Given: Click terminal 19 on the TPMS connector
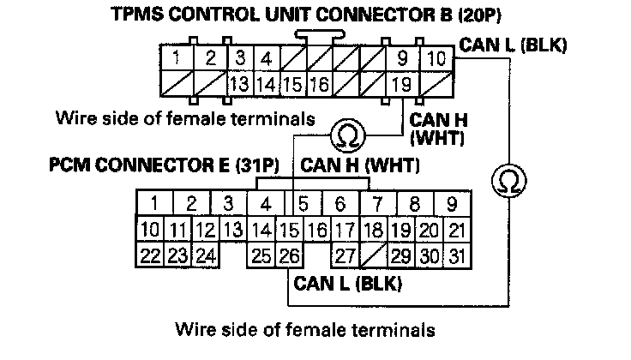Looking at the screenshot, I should pyautogui.click(x=399, y=84).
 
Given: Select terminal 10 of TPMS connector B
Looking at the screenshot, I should pyautogui.click(x=436, y=59).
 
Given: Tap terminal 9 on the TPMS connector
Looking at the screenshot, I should pyautogui.click(x=402, y=59).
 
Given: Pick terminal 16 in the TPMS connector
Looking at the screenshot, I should pyautogui.click(x=319, y=84).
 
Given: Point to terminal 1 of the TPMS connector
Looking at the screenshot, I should pyautogui.click(x=176, y=59).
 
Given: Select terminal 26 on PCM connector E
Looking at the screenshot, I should pyautogui.click(x=290, y=254).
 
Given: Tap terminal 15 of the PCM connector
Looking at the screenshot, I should pyautogui.click(x=290, y=229).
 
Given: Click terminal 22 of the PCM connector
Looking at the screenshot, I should pyautogui.click(x=149, y=254).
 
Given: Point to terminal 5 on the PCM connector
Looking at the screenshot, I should pyautogui.click(x=303, y=204).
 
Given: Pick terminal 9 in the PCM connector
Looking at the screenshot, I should pyautogui.click(x=451, y=204).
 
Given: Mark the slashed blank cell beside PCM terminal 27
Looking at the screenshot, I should pyautogui.click(x=372, y=254).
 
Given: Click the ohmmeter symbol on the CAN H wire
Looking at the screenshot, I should pyautogui.click(x=348, y=134).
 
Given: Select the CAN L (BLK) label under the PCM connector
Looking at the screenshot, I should pyautogui.click(x=347, y=281).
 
